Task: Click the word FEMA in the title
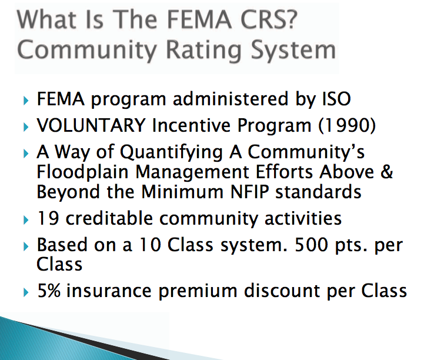[199, 19]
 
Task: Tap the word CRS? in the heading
[269, 19]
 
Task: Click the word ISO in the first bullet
[337, 99]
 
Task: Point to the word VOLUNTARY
[91, 125]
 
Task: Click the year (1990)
[347, 125]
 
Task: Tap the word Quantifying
[171, 153]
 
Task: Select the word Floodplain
[82, 172]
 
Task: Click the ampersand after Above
[386, 172]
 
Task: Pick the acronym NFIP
[250, 192]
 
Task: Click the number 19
[48, 218]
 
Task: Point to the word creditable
[109, 218]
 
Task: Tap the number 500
[312, 245]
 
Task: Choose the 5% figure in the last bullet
[49, 291]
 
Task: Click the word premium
[198, 292]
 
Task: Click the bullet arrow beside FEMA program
[26, 101]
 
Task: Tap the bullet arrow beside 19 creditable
[26, 220]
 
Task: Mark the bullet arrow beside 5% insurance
[26, 292]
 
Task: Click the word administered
[231, 99]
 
